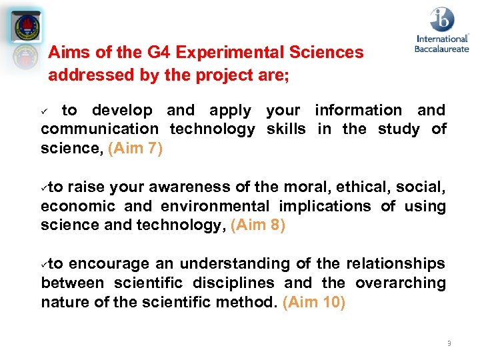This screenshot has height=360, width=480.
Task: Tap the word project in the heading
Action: (219, 75)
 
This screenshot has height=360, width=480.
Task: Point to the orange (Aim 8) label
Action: (258, 225)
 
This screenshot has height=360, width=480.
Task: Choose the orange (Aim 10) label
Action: (314, 302)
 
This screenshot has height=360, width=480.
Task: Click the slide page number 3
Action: (449, 343)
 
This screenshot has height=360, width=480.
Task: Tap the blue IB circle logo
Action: (441, 20)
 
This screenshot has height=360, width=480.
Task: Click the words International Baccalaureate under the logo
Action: (441, 44)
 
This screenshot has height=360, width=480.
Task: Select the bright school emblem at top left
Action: (27, 27)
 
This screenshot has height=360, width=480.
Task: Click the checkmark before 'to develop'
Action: (45, 111)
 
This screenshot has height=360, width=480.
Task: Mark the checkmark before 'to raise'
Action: (45, 188)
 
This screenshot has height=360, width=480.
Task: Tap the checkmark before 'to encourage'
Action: (45, 264)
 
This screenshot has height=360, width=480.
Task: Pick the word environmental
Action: (215, 206)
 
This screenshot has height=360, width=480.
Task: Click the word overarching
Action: (401, 283)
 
